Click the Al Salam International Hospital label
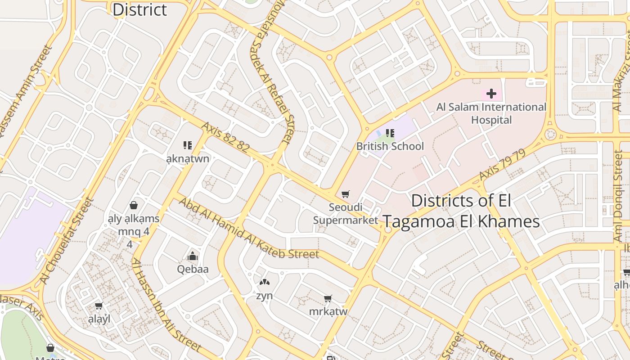491,113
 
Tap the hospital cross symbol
491,94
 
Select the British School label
390,146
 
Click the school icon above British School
390,133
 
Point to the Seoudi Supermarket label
346,214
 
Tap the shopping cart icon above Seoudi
345,194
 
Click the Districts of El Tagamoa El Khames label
461,211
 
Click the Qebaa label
193,269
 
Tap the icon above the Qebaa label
193,256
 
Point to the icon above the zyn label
264,283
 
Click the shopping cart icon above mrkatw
328,299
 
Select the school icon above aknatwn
188,145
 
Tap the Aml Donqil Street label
618,198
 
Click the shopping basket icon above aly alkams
133,206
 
